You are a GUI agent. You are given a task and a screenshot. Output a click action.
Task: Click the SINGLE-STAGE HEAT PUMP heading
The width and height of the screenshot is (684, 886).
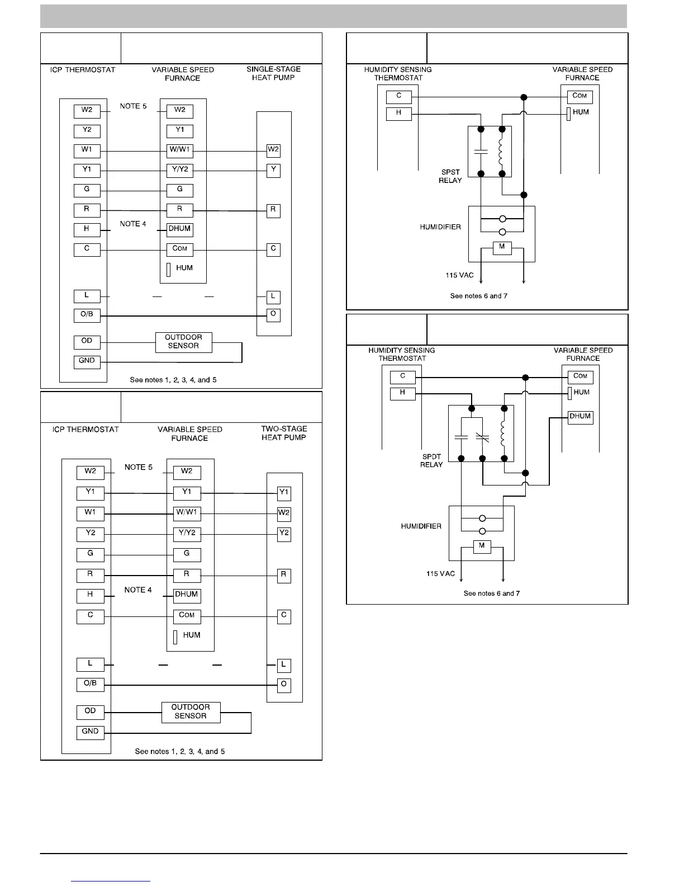tap(273, 73)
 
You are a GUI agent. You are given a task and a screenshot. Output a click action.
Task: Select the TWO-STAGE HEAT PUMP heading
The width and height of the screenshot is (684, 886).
tap(284, 433)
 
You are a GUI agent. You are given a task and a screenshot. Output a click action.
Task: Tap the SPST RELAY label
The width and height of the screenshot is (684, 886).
tap(450, 176)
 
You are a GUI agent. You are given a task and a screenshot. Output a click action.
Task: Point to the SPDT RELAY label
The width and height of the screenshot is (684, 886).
tap(431, 460)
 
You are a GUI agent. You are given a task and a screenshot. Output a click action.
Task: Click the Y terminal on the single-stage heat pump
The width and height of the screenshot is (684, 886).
tap(273, 170)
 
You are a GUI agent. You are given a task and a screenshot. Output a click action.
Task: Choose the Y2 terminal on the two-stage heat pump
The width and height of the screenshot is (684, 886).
tap(284, 533)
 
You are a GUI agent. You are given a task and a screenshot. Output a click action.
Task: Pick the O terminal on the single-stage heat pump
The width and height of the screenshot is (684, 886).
tap(273, 314)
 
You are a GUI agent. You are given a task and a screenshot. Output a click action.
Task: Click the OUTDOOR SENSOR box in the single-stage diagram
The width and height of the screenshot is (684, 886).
tap(183, 342)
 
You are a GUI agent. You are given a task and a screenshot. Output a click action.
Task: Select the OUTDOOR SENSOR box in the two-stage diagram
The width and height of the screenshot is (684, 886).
tap(191, 712)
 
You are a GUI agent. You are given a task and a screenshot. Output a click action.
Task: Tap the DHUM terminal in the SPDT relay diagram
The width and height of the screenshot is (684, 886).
tap(580, 417)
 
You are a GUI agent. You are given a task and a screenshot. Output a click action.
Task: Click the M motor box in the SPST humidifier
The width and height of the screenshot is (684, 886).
tap(502, 247)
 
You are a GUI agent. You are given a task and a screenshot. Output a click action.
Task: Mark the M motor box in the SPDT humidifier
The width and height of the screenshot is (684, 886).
tap(482, 546)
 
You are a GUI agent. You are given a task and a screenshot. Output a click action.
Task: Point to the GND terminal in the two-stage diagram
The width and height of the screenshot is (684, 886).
tap(91, 732)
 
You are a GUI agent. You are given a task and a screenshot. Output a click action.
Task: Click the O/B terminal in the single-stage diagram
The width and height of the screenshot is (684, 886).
tap(87, 315)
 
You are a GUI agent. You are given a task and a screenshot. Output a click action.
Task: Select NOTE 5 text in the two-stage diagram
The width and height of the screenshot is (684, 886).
tap(139, 467)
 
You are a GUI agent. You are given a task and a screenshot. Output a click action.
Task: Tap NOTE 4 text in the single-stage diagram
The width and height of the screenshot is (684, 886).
tap(133, 224)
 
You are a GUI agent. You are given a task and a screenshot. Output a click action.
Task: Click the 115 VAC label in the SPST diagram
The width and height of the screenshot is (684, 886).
tap(459, 275)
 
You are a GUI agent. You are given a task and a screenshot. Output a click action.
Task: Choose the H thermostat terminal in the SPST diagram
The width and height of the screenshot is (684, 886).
tap(399, 113)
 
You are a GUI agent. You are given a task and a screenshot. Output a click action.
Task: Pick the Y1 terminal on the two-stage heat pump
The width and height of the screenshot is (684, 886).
tap(284, 493)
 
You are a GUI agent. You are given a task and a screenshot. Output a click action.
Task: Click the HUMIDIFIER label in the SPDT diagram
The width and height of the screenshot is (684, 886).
tap(421, 526)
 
